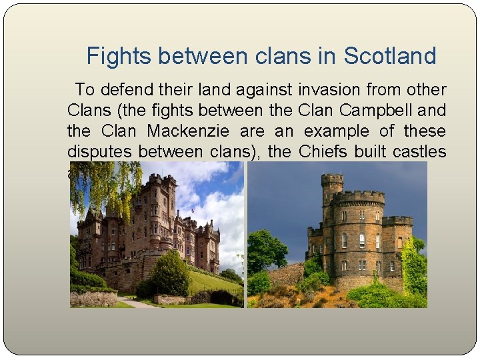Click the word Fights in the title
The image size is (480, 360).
pos(115,56)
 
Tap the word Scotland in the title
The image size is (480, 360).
pos(389,56)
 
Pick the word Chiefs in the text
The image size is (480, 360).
pos(323,151)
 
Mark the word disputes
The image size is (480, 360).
pos(99,151)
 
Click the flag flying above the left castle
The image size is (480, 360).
pos(193,211)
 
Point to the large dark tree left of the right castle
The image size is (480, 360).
pos(267,250)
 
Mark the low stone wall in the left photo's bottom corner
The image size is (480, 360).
pos(93,298)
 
